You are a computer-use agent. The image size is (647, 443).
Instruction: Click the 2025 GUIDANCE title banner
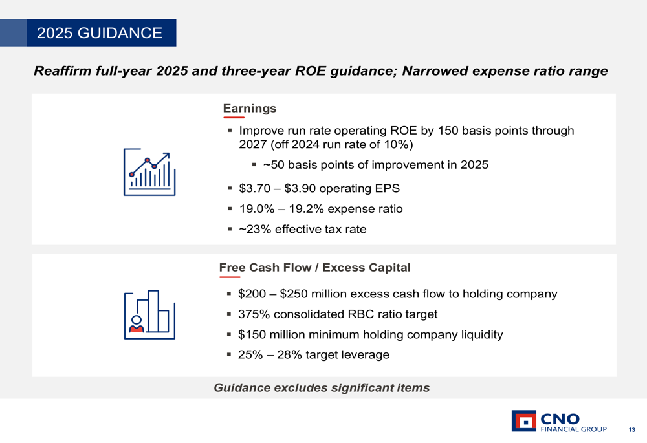(100, 33)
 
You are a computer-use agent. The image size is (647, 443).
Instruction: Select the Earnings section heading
(250, 108)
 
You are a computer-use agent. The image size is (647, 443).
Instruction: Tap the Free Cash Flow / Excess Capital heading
(314, 267)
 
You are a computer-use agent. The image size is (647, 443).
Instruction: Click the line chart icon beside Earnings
(149, 171)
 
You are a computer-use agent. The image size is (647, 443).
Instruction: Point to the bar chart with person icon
(149, 314)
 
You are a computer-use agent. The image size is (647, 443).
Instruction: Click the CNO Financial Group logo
(559, 421)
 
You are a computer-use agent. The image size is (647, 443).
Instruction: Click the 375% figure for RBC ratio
(254, 314)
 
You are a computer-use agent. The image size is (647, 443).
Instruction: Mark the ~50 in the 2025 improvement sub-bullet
(272, 165)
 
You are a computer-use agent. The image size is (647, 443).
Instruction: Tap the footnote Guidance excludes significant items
(322, 388)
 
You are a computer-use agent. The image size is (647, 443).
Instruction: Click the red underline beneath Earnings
(234, 118)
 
